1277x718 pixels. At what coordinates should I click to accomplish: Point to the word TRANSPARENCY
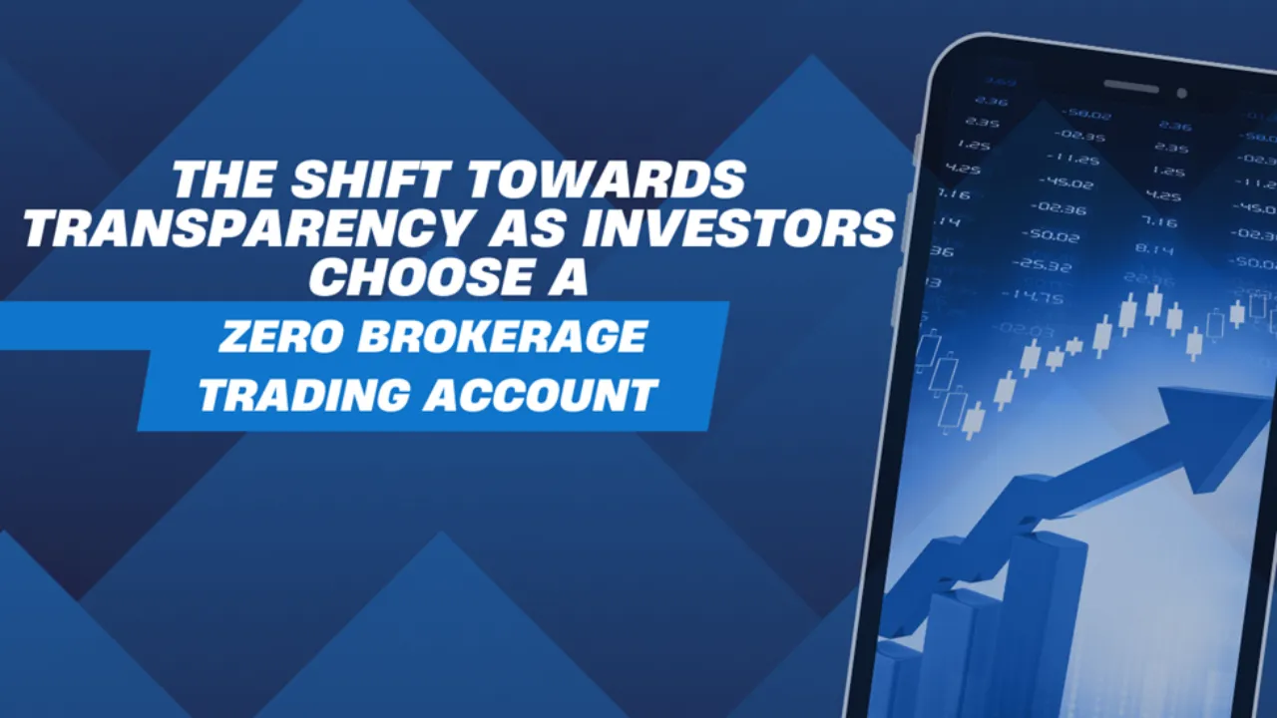click(244, 228)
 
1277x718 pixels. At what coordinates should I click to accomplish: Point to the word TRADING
click(304, 394)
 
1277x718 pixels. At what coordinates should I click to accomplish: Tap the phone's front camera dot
click(1181, 93)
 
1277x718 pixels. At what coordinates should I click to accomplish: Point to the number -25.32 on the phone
click(1041, 265)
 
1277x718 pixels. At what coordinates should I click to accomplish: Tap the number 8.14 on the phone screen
click(1154, 249)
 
